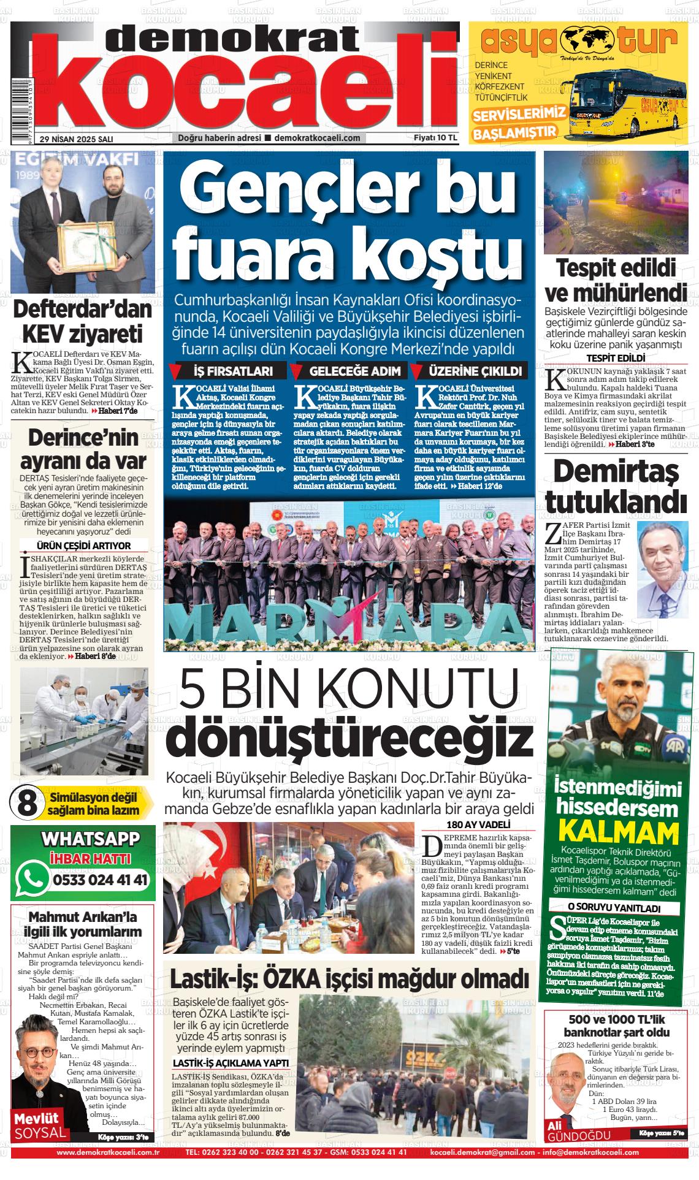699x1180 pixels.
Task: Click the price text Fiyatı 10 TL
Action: pyautogui.click(x=435, y=138)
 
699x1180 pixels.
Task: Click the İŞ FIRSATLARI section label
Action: pyautogui.click(x=230, y=371)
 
